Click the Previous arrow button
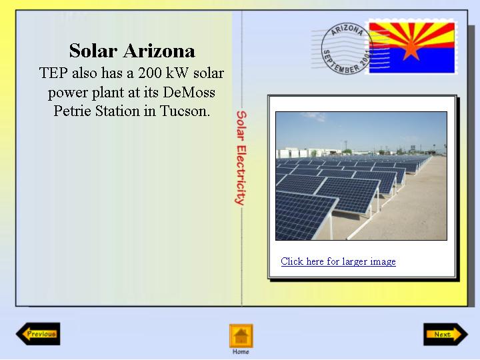tap(38, 334)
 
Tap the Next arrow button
tap(445, 334)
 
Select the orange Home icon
tap(241, 336)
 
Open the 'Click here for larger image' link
tap(338, 261)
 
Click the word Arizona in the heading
tap(159, 51)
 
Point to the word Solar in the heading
tap(93, 51)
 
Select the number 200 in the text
tap(149, 73)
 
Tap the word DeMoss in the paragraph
tap(189, 92)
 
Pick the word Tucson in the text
tap(185, 111)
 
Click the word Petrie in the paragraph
tap(72, 111)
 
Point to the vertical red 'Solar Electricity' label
tap(241, 157)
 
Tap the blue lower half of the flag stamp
tap(412, 61)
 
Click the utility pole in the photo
tap(345, 145)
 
